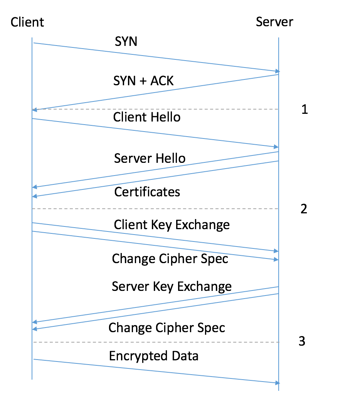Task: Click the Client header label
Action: point(27,22)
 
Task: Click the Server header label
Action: point(274,22)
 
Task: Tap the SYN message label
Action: point(126,41)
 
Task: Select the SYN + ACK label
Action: point(143,81)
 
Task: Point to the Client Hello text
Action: point(147,117)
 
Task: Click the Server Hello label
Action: point(150,158)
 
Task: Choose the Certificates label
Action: point(147,192)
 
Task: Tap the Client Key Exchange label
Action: point(172,225)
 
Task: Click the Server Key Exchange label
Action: point(172,286)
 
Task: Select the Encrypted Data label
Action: point(154,356)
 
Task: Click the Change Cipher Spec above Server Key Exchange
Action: point(170,259)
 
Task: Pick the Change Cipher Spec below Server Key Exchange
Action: point(167,328)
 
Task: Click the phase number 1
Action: point(304,109)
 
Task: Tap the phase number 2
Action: point(304,209)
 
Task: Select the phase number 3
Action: point(302,341)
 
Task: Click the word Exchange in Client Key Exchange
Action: point(202,225)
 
